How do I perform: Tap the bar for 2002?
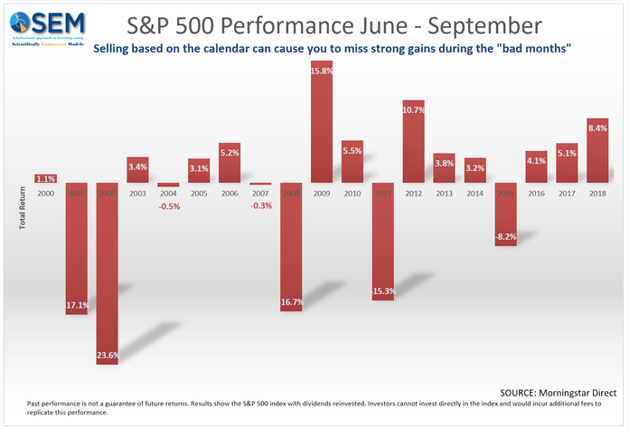pos(108,272)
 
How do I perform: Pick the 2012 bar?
pos(414,140)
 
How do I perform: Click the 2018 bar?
pos(597,150)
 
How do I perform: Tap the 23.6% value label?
pos(108,356)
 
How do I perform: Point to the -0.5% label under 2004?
pos(168,205)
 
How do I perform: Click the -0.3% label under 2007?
pos(261,205)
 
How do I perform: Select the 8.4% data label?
pos(597,129)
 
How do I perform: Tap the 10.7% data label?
pos(414,110)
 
